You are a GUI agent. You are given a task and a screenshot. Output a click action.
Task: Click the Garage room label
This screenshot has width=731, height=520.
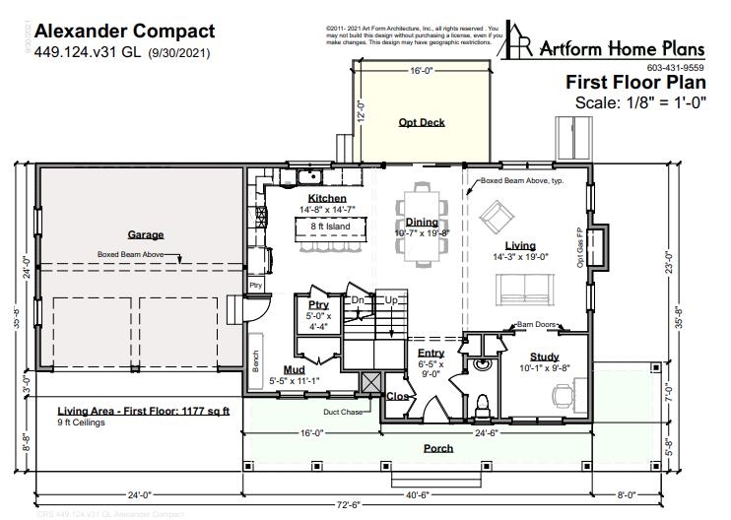pos(145,235)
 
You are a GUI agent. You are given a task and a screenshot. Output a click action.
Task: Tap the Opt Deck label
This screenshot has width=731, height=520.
pos(422,123)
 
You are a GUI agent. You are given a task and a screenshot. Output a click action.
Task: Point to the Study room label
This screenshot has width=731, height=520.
pos(544,357)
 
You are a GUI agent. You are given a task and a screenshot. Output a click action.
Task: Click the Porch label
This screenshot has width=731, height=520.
pos(438,449)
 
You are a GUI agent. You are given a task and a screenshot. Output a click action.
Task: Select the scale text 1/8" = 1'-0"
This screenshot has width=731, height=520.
pos(641,101)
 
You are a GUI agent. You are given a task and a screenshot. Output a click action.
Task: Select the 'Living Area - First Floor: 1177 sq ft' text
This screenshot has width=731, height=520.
pos(143,410)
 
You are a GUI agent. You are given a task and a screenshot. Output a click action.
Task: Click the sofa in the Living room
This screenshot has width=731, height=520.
pos(522,289)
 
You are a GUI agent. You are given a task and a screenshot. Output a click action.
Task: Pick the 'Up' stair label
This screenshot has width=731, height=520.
pos(391,299)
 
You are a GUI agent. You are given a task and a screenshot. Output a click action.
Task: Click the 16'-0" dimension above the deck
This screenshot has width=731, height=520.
pos(422,71)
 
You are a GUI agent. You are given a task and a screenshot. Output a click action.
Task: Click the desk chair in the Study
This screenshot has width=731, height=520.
pos(562,396)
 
